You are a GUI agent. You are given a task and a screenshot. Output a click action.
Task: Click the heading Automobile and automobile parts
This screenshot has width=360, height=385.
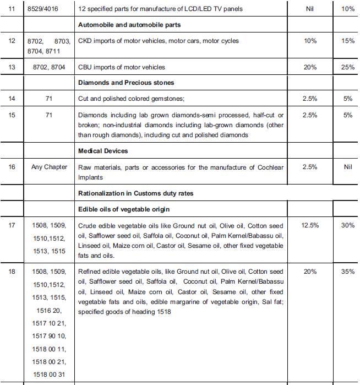pyautogui.click(x=130, y=25)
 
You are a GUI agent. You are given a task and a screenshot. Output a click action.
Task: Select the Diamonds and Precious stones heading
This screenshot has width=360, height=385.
pyautogui.click(x=126, y=83)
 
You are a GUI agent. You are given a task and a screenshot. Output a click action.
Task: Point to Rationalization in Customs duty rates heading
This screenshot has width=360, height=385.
pyautogui.click(x=135, y=193)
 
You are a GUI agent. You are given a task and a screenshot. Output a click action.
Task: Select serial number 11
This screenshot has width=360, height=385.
pyautogui.click(x=12, y=9)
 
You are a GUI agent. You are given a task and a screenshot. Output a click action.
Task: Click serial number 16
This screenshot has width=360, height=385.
pyautogui.click(x=12, y=167)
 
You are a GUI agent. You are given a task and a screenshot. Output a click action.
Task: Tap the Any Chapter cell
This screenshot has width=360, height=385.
pyautogui.click(x=49, y=167)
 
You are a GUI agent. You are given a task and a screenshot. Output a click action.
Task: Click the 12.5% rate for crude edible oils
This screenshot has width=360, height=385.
pyautogui.click(x=310, y=225)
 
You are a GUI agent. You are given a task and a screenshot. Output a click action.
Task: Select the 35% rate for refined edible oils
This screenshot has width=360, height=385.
pyautogui.click(x=347, y=272)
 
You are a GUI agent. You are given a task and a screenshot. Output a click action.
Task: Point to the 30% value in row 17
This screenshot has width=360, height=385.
pyautogui.click(x=347, y=225)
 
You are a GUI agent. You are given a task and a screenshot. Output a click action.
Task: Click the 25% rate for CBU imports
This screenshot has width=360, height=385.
pyautogui.click(x=347, y=67)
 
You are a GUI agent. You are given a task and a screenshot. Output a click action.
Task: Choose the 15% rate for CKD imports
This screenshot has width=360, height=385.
pyautogui.click(x=347, y=41)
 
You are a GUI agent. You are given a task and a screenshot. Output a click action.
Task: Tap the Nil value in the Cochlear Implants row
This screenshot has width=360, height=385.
pyautogui.click(x=347, y=167)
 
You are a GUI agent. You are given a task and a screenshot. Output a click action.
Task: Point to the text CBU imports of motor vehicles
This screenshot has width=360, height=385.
pyautogui.click(x=122, y=67)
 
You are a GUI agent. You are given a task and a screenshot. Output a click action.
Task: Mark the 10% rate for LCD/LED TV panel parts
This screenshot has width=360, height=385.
pyautogui.click(x=347, y=9)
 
